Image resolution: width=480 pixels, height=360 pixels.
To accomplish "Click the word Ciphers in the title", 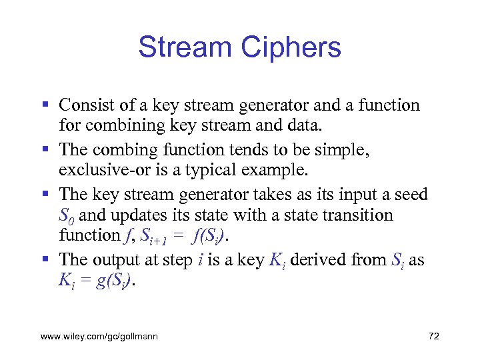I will click(x=291, y=47).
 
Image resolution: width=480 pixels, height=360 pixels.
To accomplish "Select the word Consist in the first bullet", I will click(x=83, y=105).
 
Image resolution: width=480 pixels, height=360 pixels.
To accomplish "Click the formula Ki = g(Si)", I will click(x=99, y=280).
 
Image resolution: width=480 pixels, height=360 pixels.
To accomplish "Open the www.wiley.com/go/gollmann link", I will click(x=99, y=337).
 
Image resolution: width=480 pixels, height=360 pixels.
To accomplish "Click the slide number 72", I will click(x=434, y=336).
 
